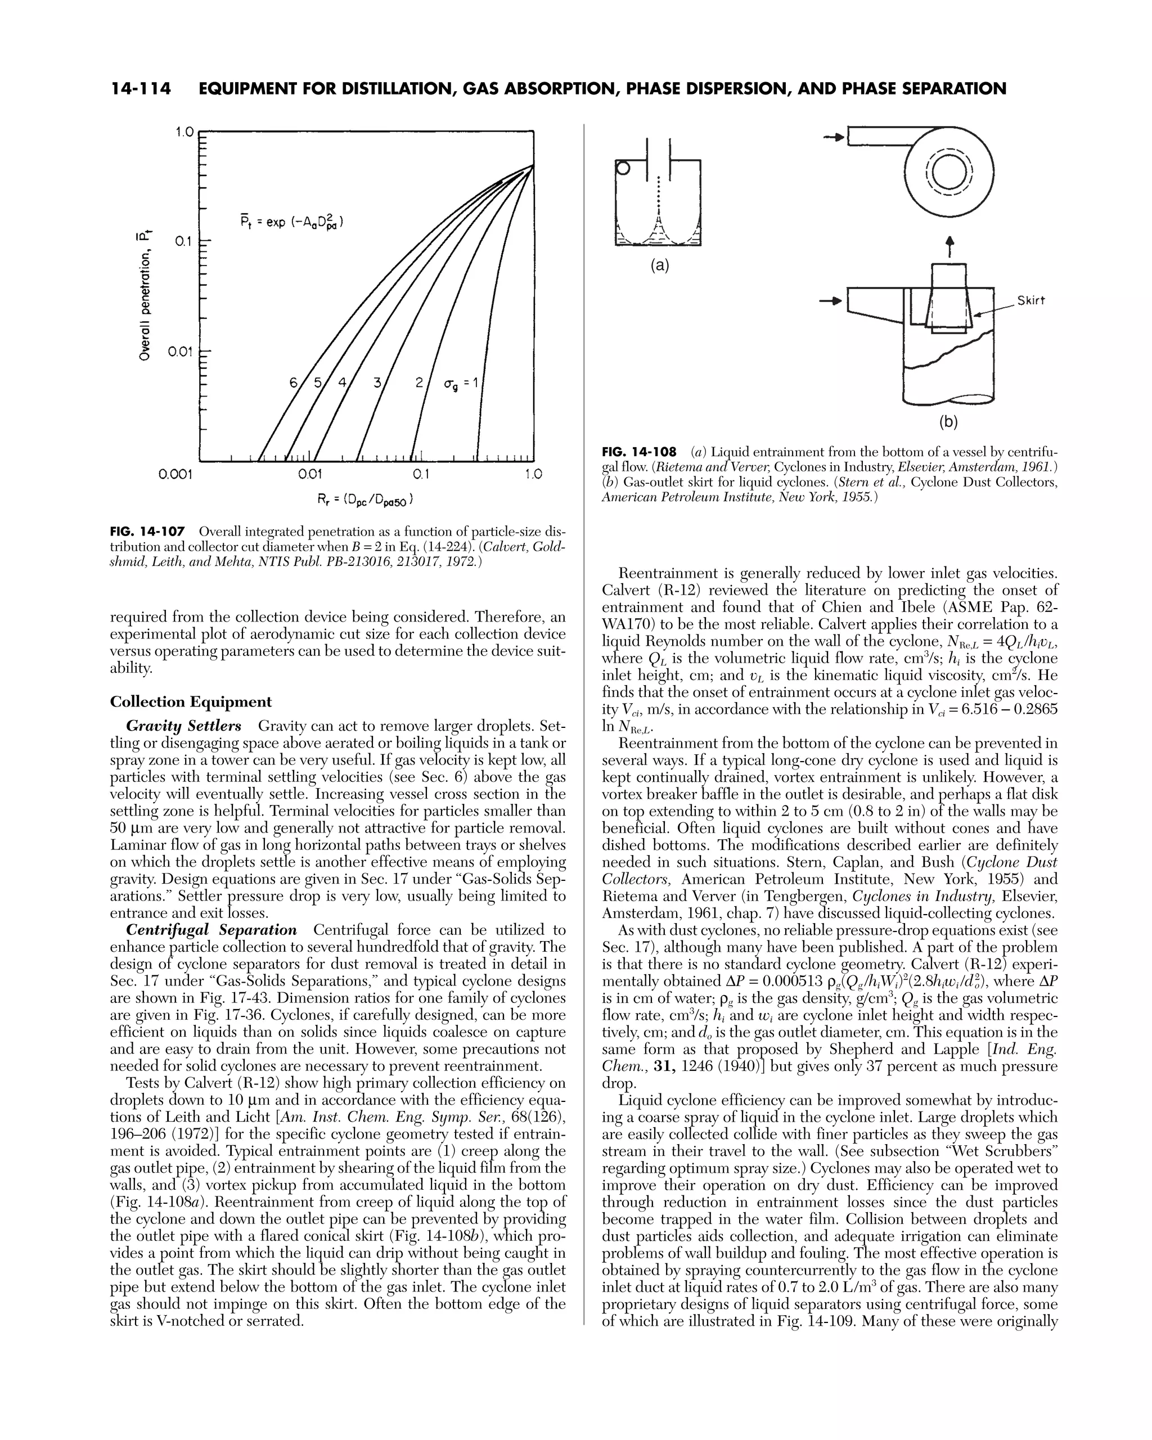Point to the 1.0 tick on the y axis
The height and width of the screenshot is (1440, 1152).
click(x=184, y=132)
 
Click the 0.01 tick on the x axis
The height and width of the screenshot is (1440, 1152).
click(x=310, y=474)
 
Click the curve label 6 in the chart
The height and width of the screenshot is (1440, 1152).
click(x=293, y=382)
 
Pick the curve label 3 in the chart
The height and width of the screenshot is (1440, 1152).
click(x=377, y=382)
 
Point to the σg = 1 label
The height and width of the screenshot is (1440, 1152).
click(x=459, y=385)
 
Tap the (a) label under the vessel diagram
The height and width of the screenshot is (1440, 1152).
click(x=659, y=266)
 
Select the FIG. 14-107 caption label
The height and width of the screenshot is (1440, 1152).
click(x=147, y=532)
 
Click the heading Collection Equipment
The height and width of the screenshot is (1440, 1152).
click(x=191, y=702)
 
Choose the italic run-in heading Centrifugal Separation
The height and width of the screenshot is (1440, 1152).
click(x=211, y=930)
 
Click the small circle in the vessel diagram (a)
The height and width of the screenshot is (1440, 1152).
click(x=623, y=169)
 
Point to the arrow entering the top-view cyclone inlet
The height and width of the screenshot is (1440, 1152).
click(x=834, y=138)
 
